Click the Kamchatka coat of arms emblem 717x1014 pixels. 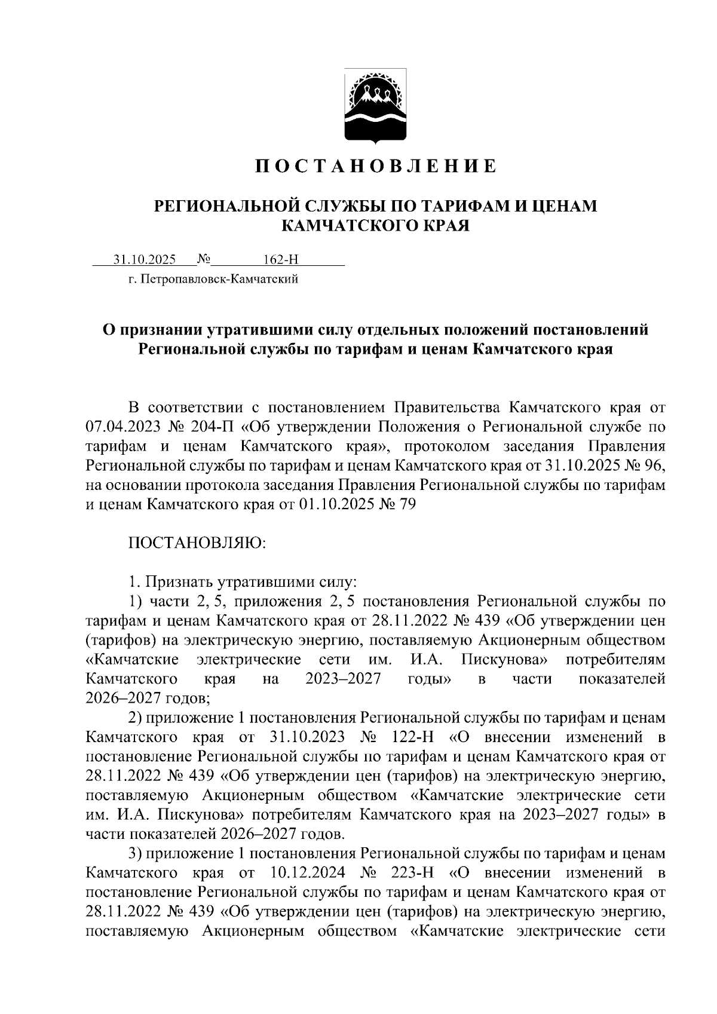click(x=375, y=106)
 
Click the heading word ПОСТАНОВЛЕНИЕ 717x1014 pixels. click(x=376, y=166)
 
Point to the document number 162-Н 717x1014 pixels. click(x=280, y=259)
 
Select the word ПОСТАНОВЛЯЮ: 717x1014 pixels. click(x=197, y=543)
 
